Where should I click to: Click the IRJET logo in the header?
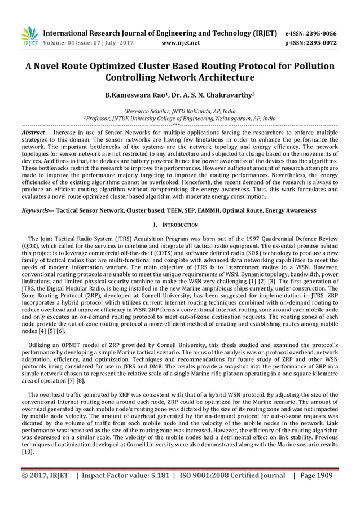tap(29, 36)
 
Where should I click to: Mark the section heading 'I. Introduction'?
tap(179, 225)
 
